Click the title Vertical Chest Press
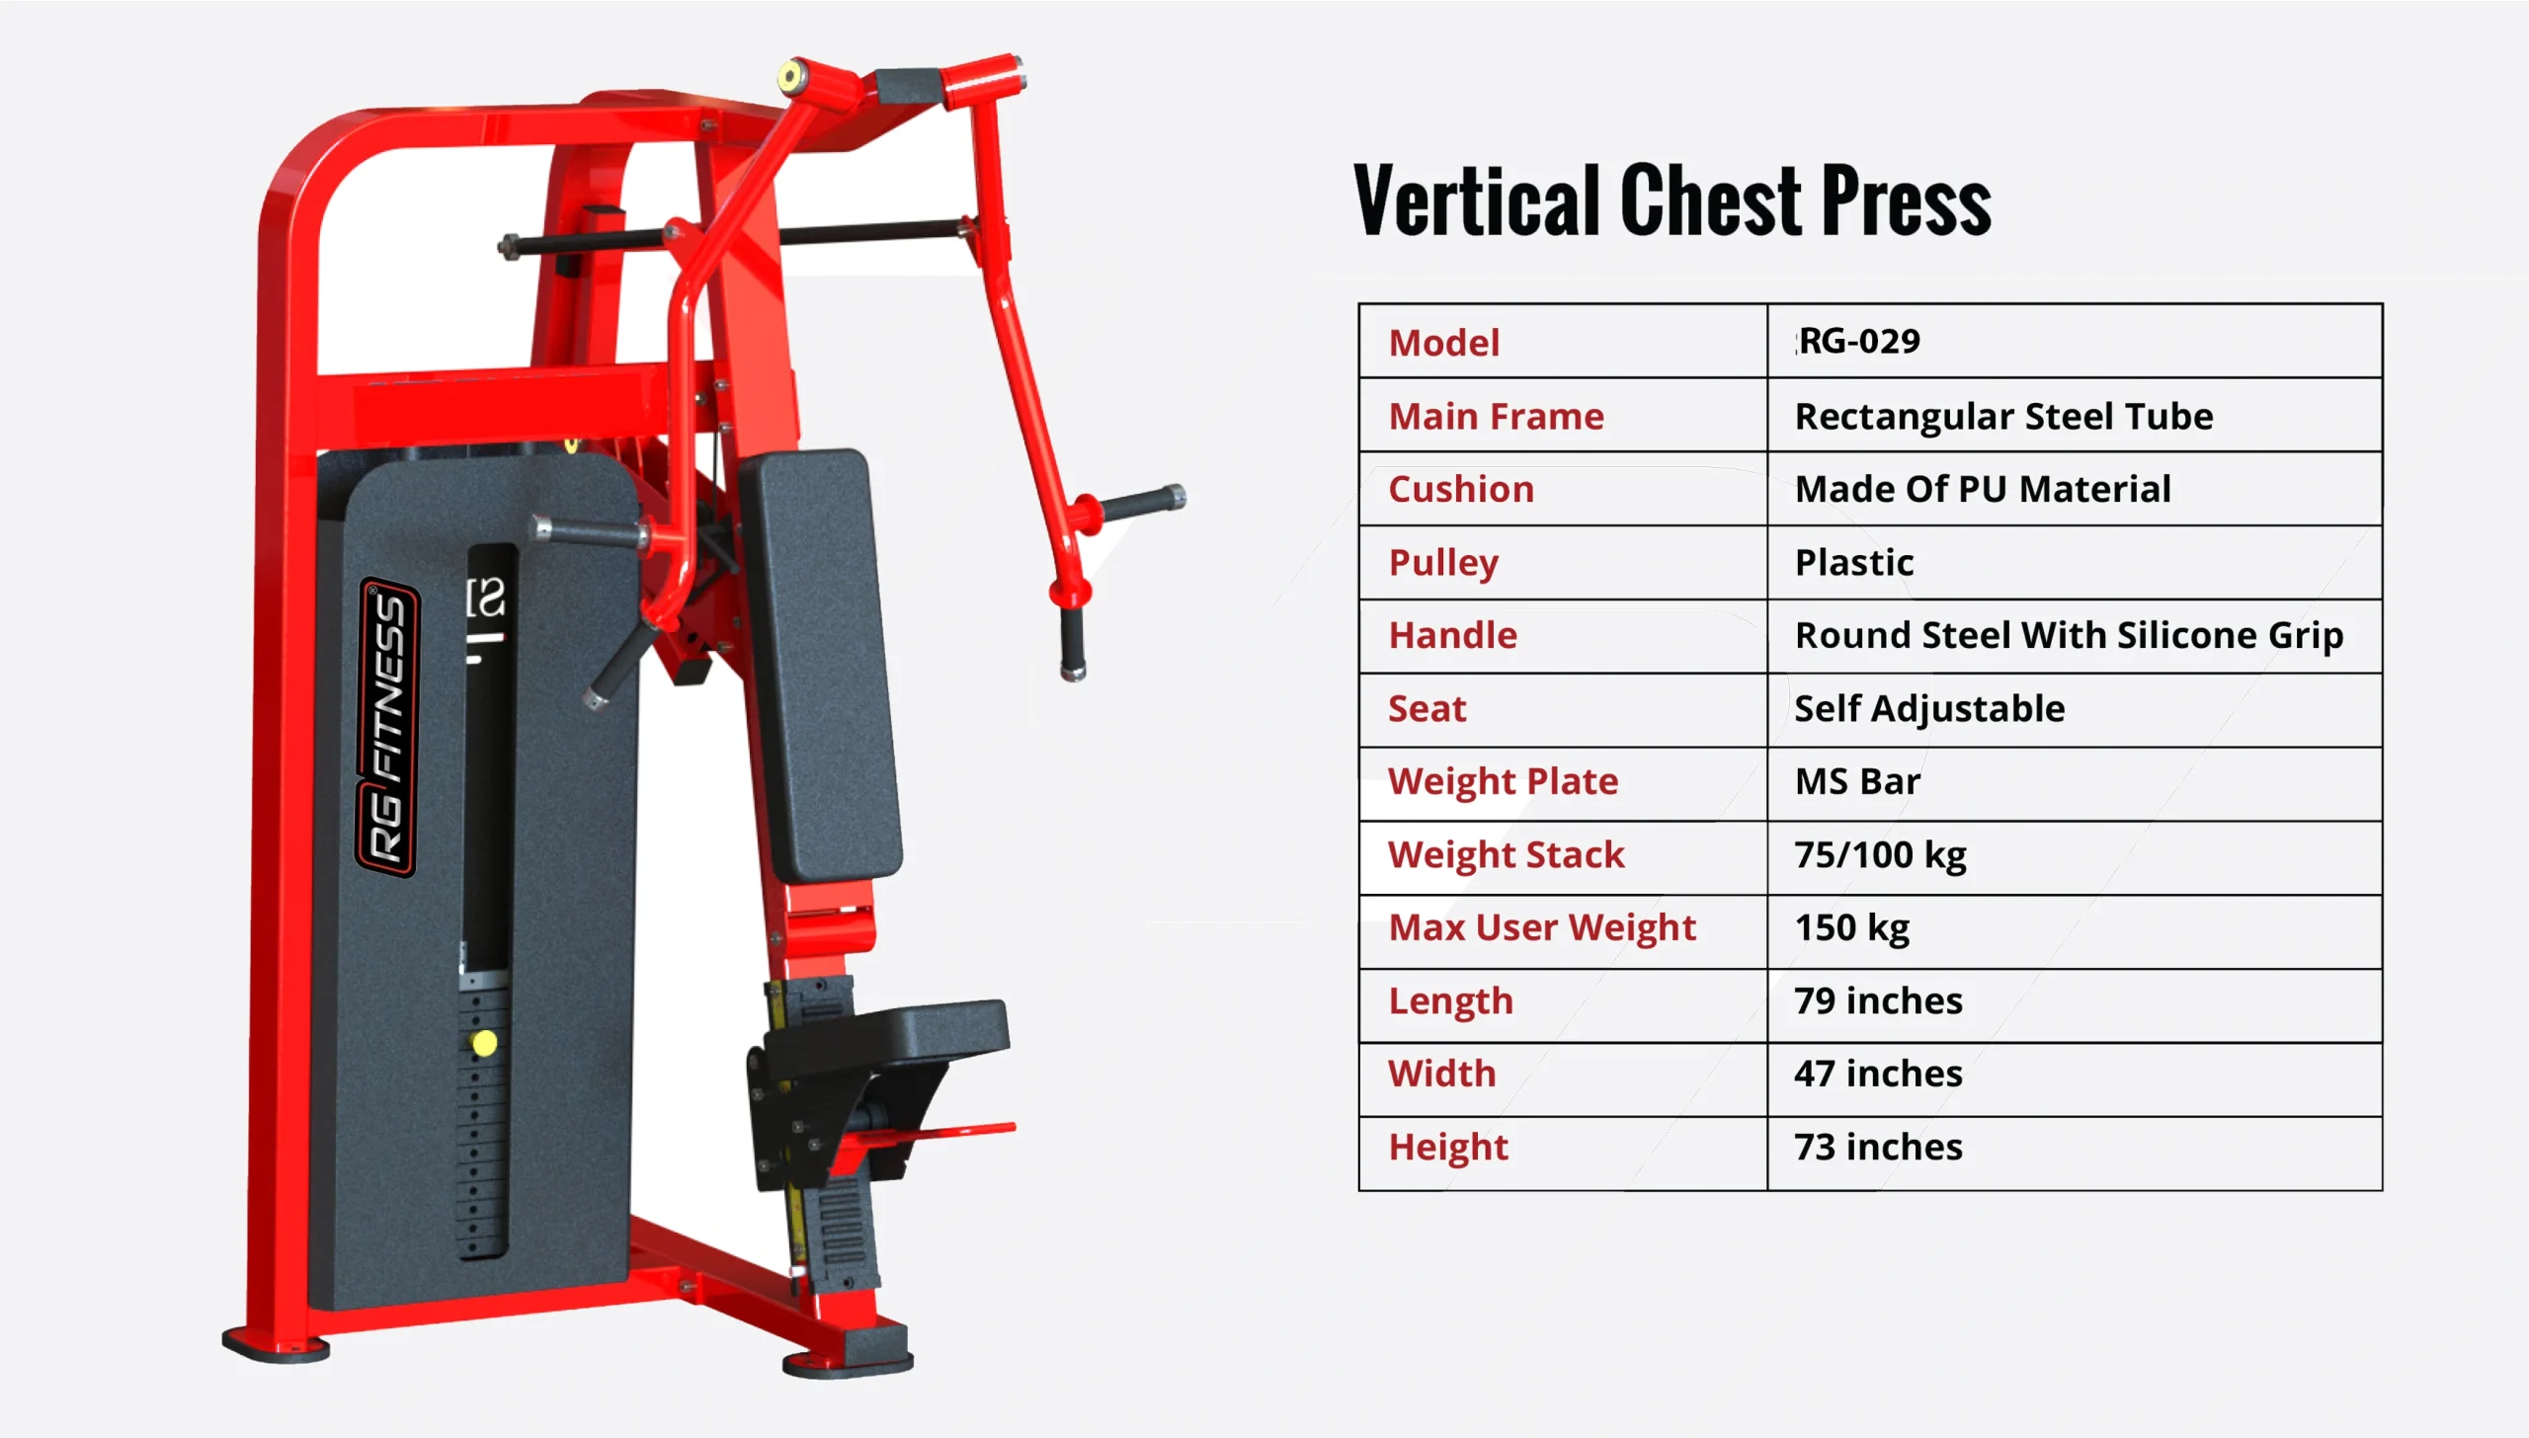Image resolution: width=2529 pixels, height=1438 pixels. pyautogui.click(x=1672, y=201)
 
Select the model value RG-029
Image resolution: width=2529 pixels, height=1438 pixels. pyautogui.click(x=1859, y=342)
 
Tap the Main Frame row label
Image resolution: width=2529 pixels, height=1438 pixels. pyautogui.click(x=1496, y=416)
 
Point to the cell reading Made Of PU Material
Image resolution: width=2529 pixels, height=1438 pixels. pyautogui.click(x=1983, y=489)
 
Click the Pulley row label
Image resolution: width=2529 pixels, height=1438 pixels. pyautogui.click(x=1443, y=563)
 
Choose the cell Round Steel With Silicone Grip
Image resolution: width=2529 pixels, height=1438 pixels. pyautogui.click(x=2069, y=635)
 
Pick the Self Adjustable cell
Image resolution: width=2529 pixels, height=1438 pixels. pyautogui.click(x=1929, y=708)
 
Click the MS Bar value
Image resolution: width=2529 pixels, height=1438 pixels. pyautogui.click(x=1857, y=781)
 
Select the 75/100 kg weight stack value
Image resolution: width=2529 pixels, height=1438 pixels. pyautogui.click(x=1880, y=855)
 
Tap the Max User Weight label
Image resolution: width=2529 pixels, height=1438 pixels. pyautogui.click(x=1542, y=927)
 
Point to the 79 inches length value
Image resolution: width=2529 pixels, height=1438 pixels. pyautogui.click(x=1878, y=1000)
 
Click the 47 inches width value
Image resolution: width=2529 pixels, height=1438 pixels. pyautogui.click(x=1878, y=1074)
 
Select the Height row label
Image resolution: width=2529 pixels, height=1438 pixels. pyautogui.click(x=1448, y=1148)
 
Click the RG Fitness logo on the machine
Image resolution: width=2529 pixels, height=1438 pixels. pyautogui.click(x=387, y=728)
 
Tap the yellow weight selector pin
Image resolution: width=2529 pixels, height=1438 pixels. pyautogui.click(x=484, y=1043)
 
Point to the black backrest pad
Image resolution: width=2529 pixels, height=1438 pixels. pyautogui.click(x=820, y=664)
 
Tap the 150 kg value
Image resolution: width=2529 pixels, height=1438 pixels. pyautogui.click(x=1852, y=928)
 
